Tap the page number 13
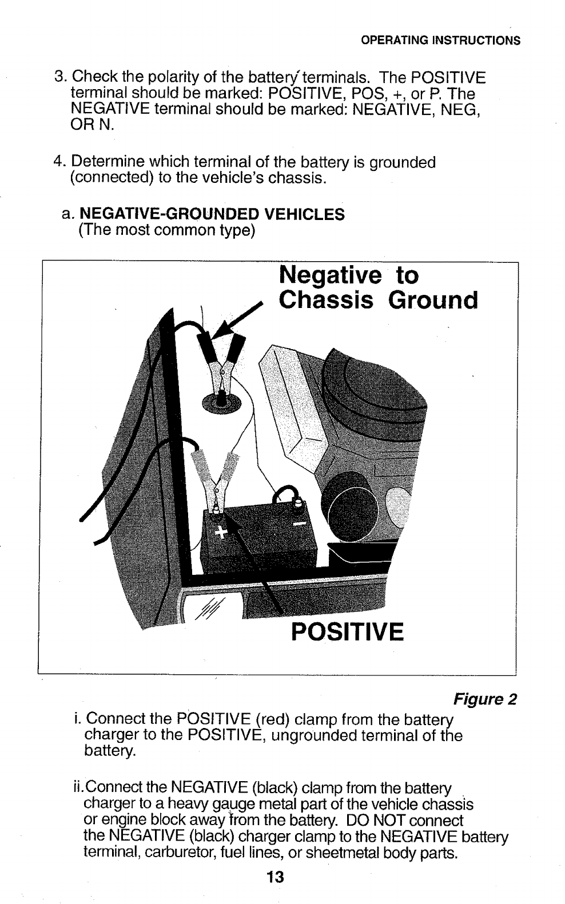(275, 877)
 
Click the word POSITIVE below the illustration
(347, 633)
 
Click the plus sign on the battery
(220, 533)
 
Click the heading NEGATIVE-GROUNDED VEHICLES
(212, 214)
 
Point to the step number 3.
(58, 77)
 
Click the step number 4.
(58, 163)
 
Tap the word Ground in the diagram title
(433, 300)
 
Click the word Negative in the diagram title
(330, 275)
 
